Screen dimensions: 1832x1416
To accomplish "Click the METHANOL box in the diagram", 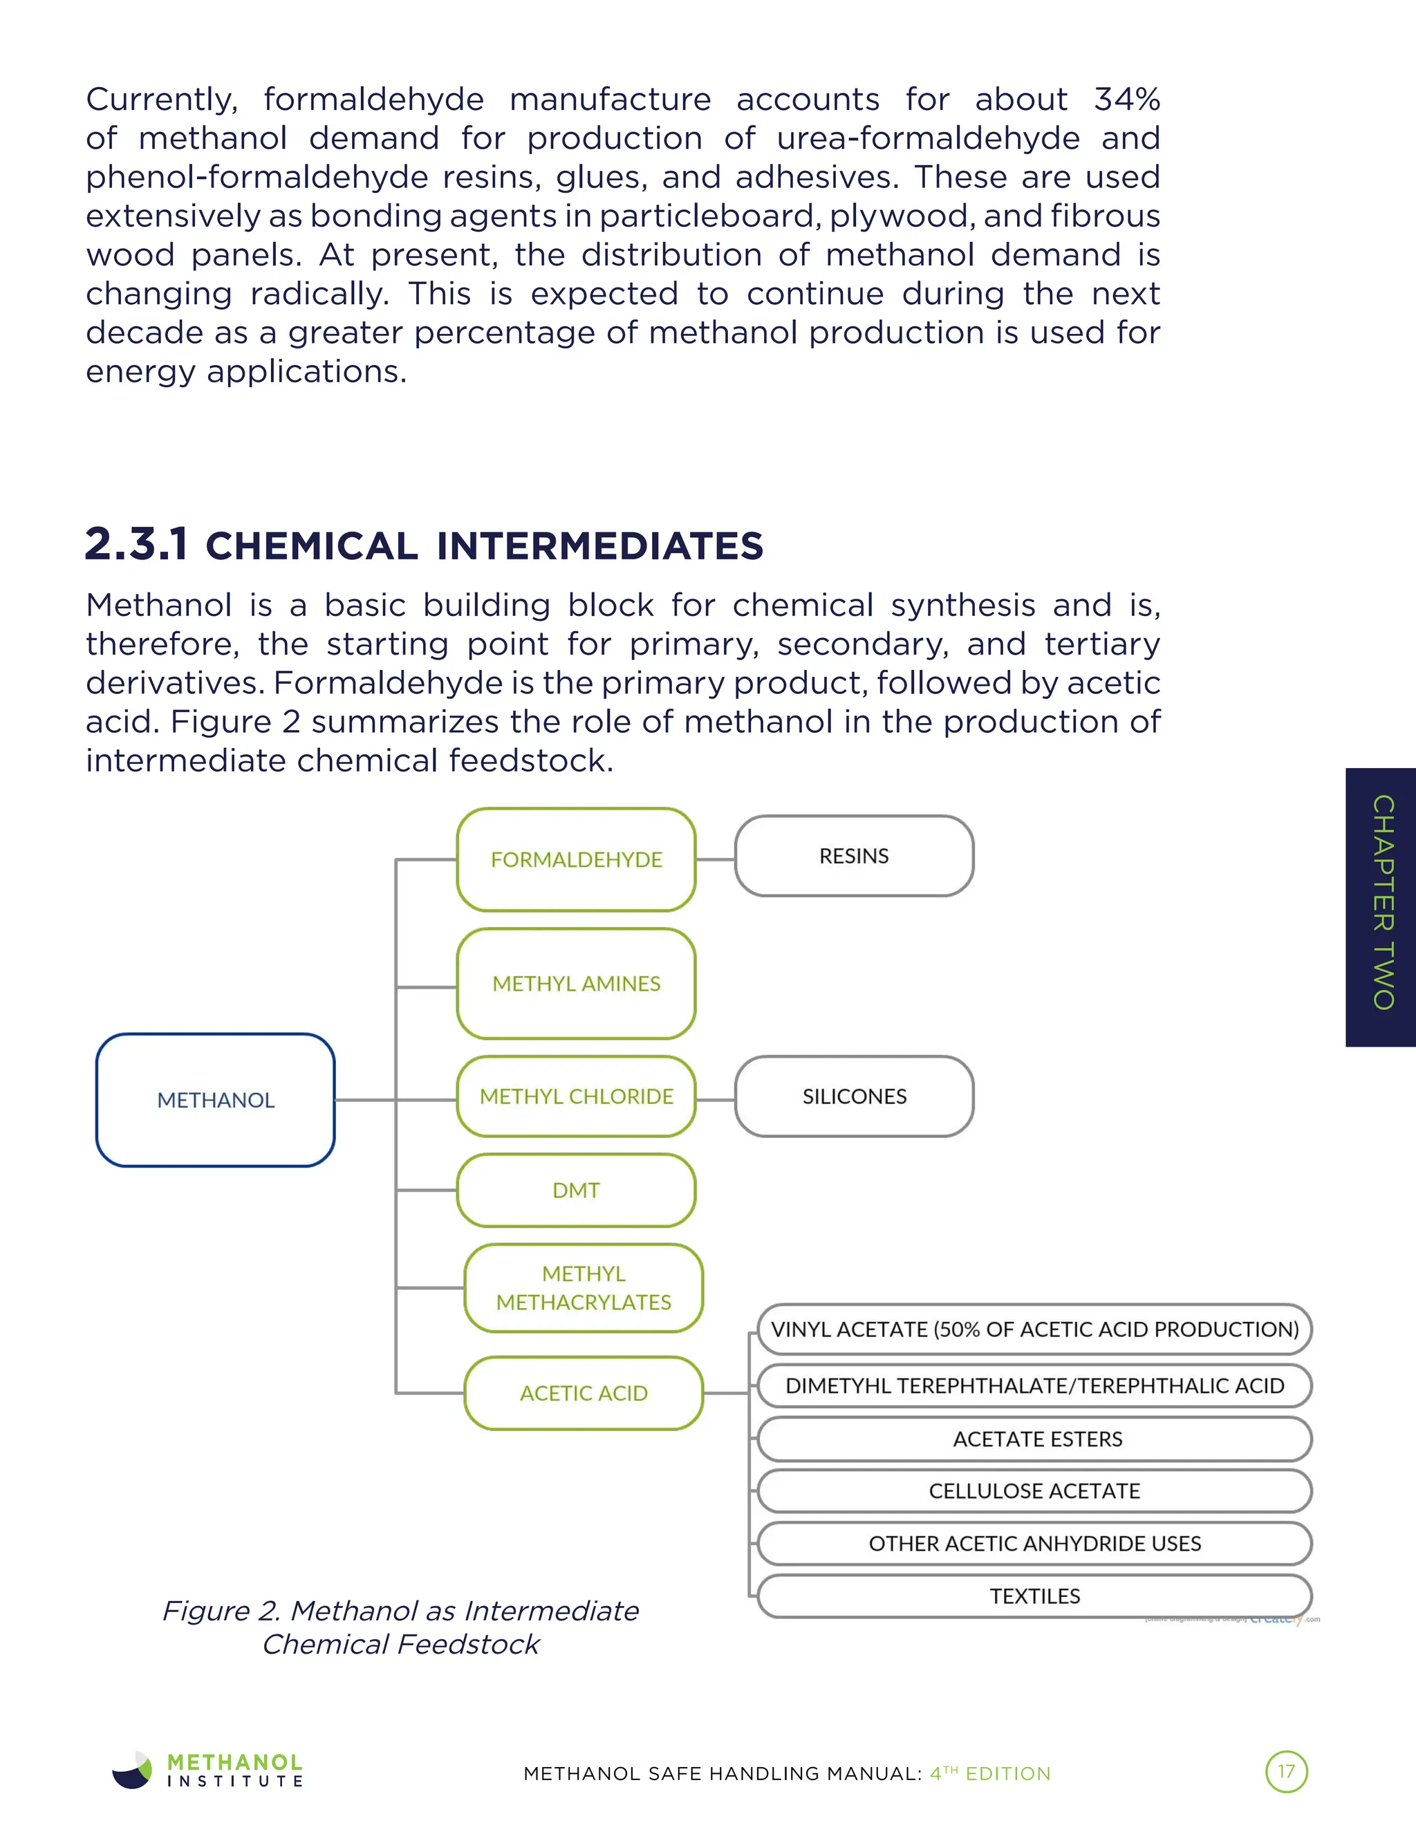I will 216,1100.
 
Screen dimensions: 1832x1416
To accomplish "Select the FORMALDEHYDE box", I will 577,860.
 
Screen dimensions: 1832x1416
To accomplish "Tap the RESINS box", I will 854,857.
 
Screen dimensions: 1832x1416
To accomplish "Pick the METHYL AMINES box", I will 577,984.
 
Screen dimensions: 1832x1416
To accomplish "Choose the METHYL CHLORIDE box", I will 577,1096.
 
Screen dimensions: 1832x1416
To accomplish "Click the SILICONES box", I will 854,1096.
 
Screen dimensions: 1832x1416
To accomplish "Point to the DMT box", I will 577,1190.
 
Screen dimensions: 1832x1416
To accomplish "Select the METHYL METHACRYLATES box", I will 584,1288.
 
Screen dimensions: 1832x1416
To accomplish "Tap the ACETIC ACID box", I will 584,1393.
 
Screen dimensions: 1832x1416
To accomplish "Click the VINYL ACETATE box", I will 1034,1329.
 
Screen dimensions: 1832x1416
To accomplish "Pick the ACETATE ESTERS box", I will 1034,1439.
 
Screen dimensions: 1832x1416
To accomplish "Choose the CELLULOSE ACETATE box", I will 1034,1491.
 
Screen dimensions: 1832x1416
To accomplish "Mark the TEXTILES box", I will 1034,1596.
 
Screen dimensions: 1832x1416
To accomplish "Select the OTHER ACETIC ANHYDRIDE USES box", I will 1034,1544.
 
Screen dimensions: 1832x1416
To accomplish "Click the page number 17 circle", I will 1286,1772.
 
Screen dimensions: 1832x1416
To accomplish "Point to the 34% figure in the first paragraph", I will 1126,99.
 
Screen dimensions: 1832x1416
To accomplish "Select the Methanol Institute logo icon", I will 133,1770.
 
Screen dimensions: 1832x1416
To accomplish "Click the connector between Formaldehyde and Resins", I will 716,859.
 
